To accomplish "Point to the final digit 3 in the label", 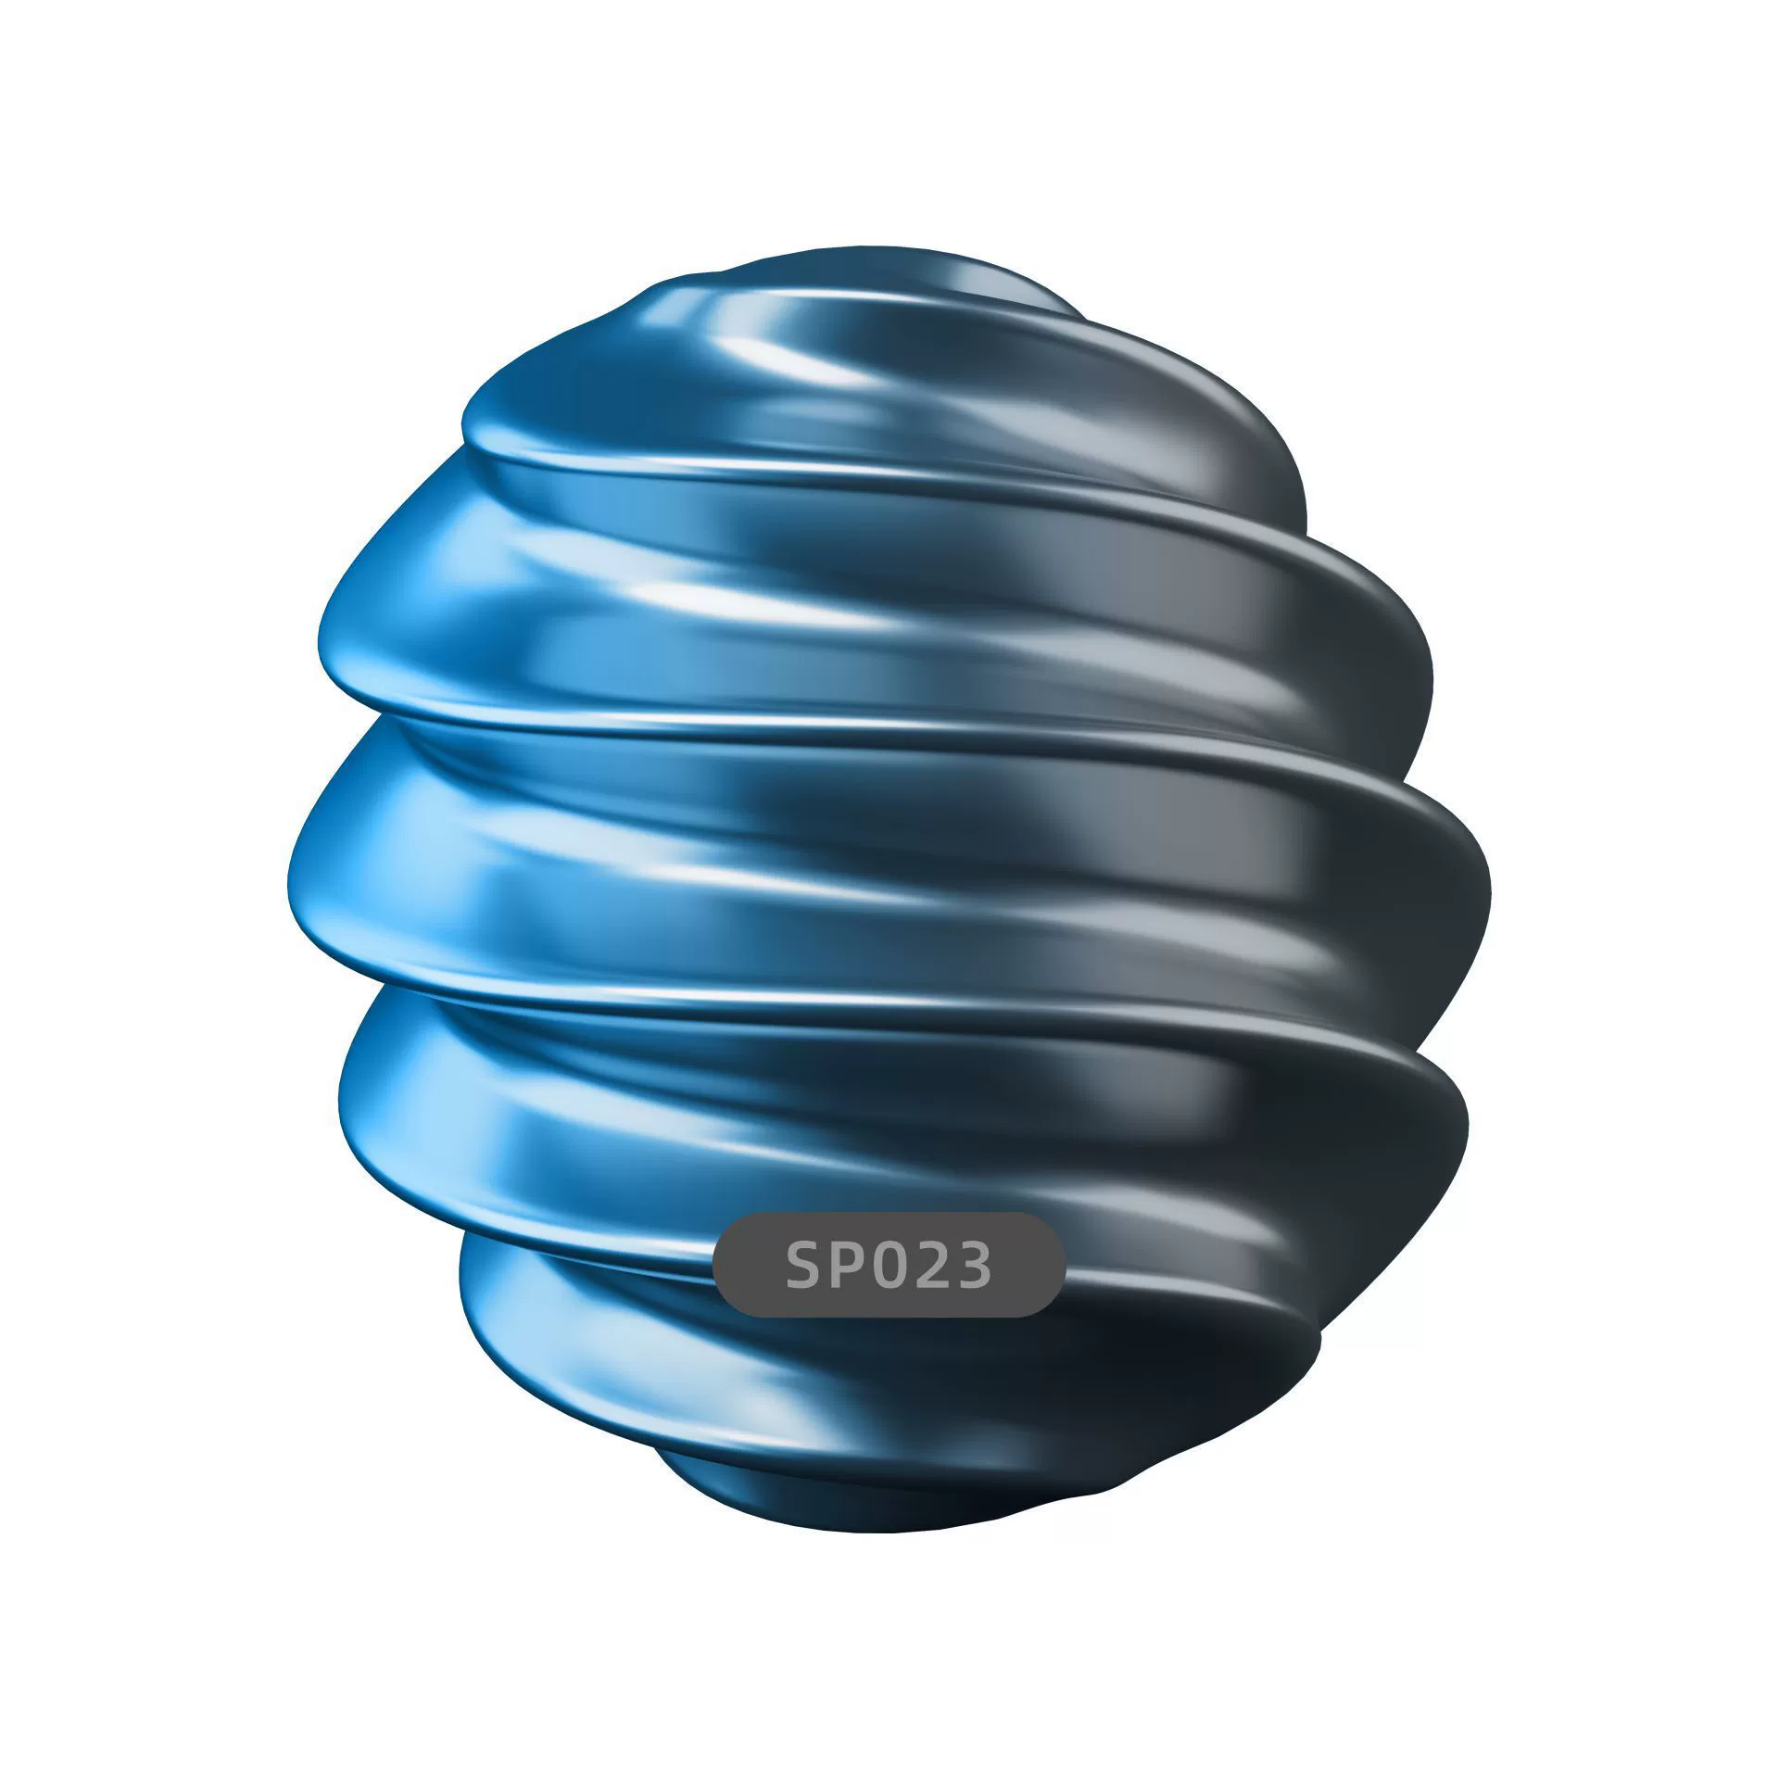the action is pyautogui.click(x=972, y=1265).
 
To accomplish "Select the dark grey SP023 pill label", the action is pyautogui.click(x=889, y=1265).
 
